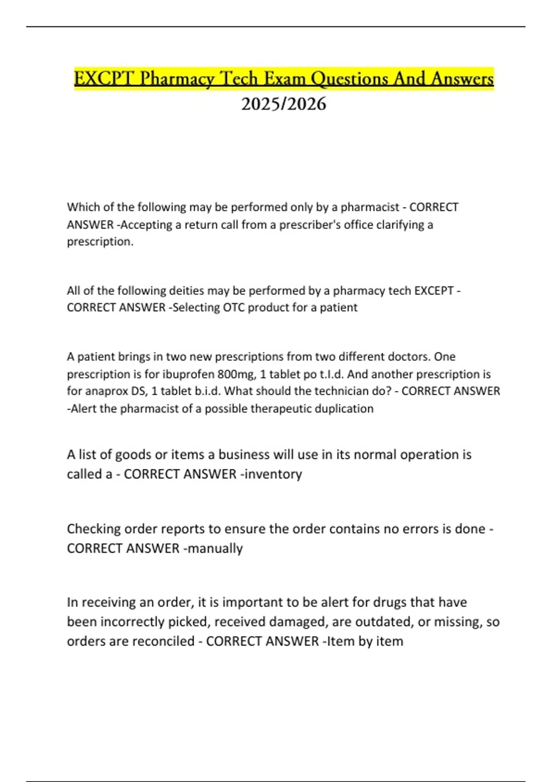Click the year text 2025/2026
tap(283, 104)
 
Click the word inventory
tap(273, 474)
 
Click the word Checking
tap(94, 529)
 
